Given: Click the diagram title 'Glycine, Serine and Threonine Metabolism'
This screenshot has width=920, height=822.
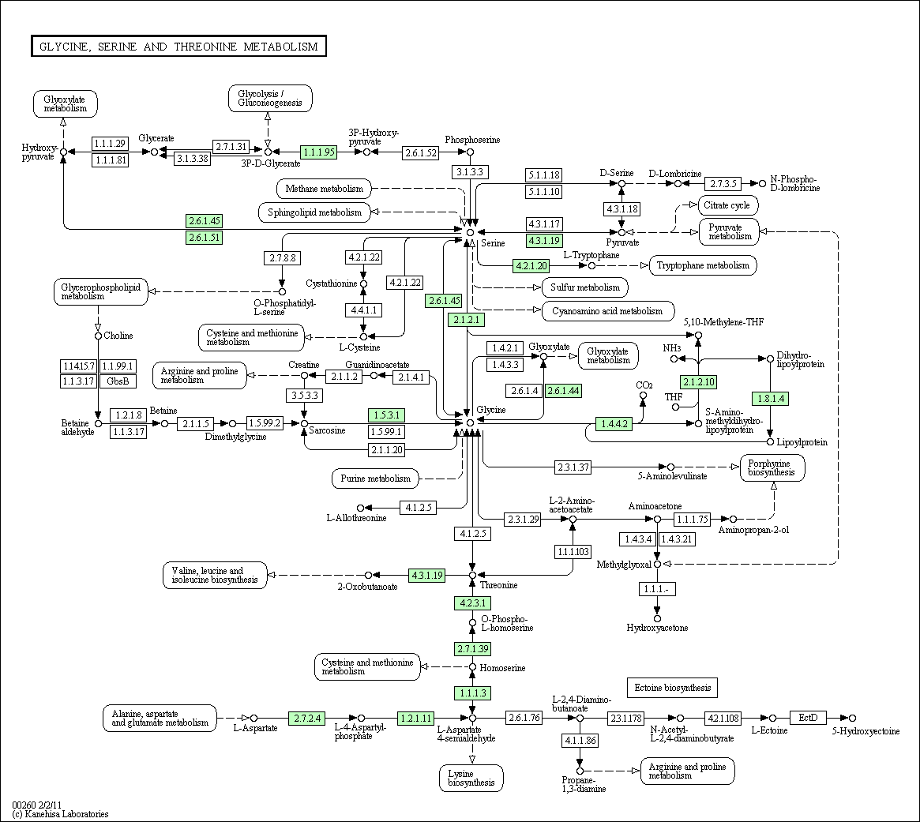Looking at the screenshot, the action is click(178, 47).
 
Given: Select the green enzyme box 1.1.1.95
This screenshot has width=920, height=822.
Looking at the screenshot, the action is click(318, 152).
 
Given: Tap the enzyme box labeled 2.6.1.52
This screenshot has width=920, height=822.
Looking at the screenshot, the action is click(421, 152).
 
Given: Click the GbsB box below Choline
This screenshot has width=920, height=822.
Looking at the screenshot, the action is click(118, 381).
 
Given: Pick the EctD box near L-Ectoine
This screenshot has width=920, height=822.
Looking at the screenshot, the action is click(808, 718).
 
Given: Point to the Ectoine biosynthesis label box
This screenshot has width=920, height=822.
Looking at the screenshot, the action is click(672, 688).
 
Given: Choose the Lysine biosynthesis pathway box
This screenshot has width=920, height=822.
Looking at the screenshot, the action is click(471, 778).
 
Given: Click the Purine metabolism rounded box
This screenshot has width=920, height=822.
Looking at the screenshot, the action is click(376, 479).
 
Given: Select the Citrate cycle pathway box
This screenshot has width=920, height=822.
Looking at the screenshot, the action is click(727, 205).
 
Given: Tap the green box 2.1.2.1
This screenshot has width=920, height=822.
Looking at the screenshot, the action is click(467, 320).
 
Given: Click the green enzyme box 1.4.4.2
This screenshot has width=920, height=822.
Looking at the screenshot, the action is click(614, 423).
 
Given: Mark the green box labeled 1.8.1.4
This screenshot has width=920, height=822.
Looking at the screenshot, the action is click(771, 399).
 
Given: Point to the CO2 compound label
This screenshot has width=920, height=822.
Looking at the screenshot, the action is click(644, 385).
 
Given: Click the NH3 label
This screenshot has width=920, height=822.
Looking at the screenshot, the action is click(672, 348).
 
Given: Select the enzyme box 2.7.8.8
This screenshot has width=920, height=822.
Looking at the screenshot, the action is click(282, 257).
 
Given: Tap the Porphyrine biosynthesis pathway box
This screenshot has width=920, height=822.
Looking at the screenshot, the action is click(772, 467).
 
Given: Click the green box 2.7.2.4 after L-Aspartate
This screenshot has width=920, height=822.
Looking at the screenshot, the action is click(306, 718).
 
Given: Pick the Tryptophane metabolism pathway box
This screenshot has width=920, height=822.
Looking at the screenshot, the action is click(703, 265).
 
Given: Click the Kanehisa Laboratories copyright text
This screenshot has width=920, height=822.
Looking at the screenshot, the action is click(61, 814).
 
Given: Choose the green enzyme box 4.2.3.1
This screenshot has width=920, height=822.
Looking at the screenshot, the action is click(472, 603).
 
